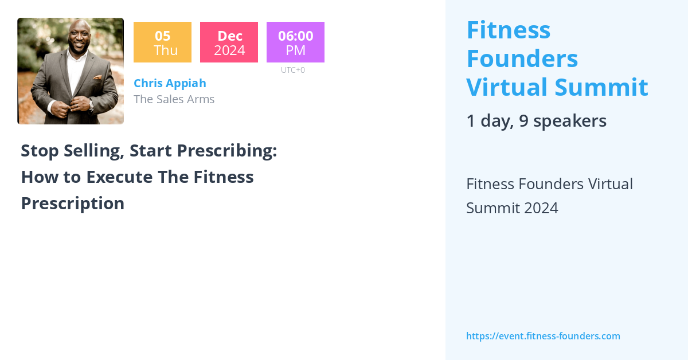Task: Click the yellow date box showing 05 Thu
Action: click(162, 42)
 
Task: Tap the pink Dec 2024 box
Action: click(229, 42)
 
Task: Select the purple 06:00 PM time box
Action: click(295, 42)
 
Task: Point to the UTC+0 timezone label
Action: click(293, 70)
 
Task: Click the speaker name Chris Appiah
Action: click(170, 83)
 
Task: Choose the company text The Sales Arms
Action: click(174, 99)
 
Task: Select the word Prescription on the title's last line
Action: click(73, 204)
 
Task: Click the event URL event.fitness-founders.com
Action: click(543, 336)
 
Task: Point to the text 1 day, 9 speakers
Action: click(536, 121)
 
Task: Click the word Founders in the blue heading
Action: click(522, 59)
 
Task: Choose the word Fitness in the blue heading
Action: click(509, 30)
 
